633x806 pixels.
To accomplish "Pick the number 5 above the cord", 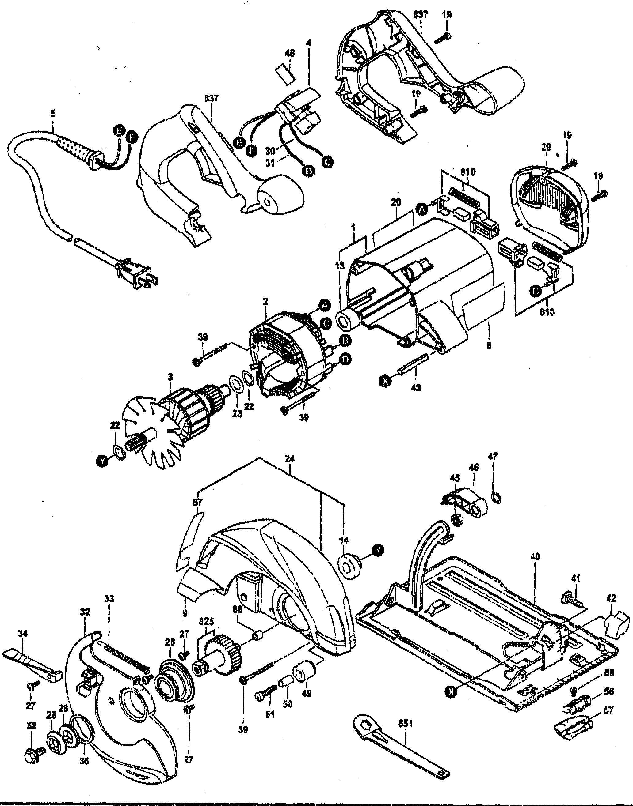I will point(53,114).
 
